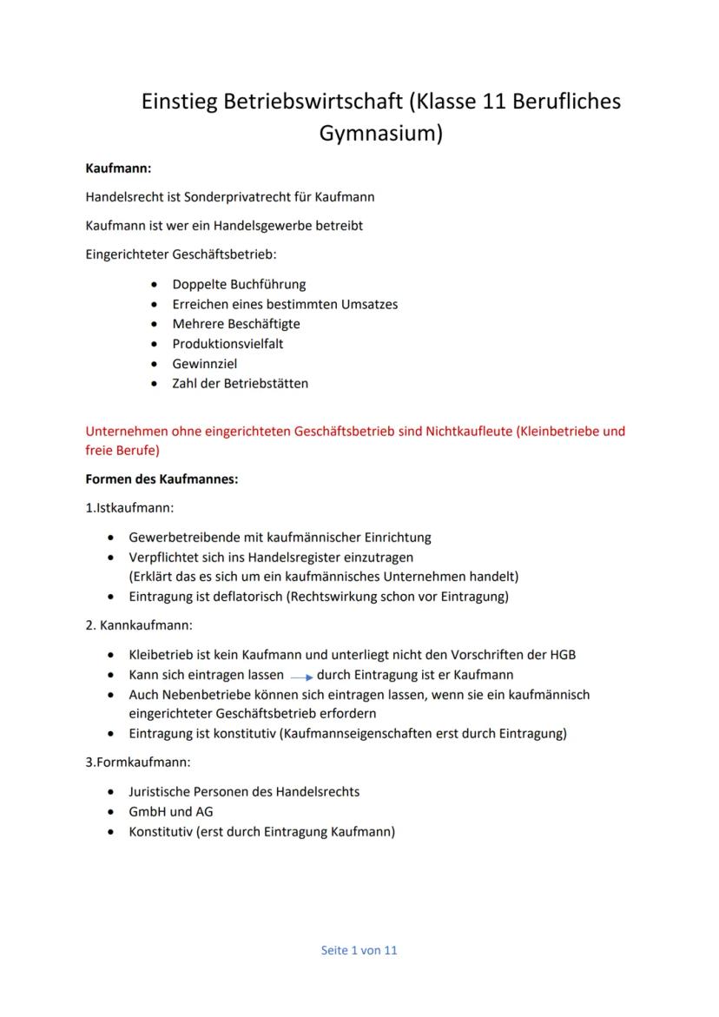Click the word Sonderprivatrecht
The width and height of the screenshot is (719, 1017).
(240, 196)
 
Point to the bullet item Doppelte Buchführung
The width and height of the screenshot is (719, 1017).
(239, 284)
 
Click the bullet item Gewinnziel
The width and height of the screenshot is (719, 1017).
(204, 364)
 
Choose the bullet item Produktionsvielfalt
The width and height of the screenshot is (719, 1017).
(228, 344)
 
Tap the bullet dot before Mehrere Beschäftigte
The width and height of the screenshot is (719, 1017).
(155, 324)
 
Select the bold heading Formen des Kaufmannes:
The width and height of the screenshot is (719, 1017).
(162, 479)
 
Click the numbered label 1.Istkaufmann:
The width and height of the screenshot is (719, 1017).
(129, 507)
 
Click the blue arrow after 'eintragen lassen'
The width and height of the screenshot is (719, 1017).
(300, 676)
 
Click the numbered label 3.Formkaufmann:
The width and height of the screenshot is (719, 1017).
(138, 763)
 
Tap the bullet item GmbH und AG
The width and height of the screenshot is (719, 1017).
(170, 812)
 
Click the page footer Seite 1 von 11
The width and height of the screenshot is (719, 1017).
(359, 950)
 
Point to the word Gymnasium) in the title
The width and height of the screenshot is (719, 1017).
(381, 135)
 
